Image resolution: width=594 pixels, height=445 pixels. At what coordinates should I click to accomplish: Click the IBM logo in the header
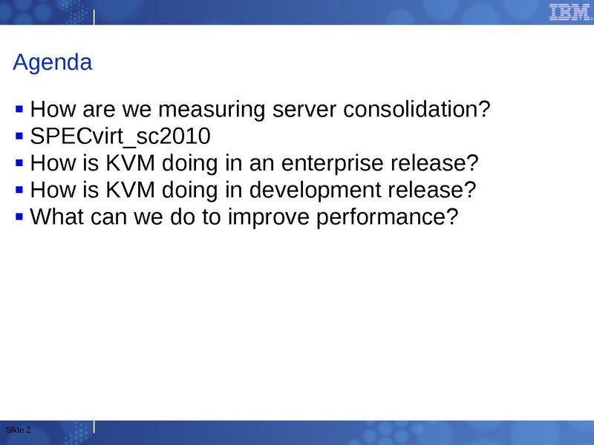[569, 12]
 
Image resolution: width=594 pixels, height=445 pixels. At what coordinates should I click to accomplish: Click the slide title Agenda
[53, 62]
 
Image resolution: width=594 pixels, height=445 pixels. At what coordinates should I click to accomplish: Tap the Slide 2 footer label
[18, 430]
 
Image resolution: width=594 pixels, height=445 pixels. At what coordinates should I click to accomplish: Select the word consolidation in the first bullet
[417, 109]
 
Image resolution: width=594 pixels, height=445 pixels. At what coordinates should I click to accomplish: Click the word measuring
[212, 110]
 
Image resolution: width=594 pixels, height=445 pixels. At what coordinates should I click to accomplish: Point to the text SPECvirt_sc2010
[120, 136]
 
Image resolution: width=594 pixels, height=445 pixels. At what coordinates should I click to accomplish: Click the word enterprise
[332, 164]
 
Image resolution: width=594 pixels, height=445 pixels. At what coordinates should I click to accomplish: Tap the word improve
[269, 217]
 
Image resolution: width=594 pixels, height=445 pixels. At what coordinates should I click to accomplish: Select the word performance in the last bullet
[387, 217]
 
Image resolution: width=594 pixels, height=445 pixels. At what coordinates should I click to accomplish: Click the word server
[304, 110]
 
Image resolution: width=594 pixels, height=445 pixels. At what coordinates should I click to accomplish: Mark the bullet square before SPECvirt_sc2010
[19, 136]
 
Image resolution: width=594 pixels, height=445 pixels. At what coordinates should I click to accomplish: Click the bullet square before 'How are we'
[19, 109]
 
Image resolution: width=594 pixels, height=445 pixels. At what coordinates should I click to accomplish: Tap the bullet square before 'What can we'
[19, 217]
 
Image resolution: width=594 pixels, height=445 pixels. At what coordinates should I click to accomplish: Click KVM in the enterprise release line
[131, 163]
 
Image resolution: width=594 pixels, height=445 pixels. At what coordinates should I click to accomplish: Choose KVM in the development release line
[131, 190]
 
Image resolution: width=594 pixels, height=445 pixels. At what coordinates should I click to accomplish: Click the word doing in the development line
[190, 191]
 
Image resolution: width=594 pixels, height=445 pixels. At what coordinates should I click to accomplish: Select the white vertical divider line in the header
[94, 17]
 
